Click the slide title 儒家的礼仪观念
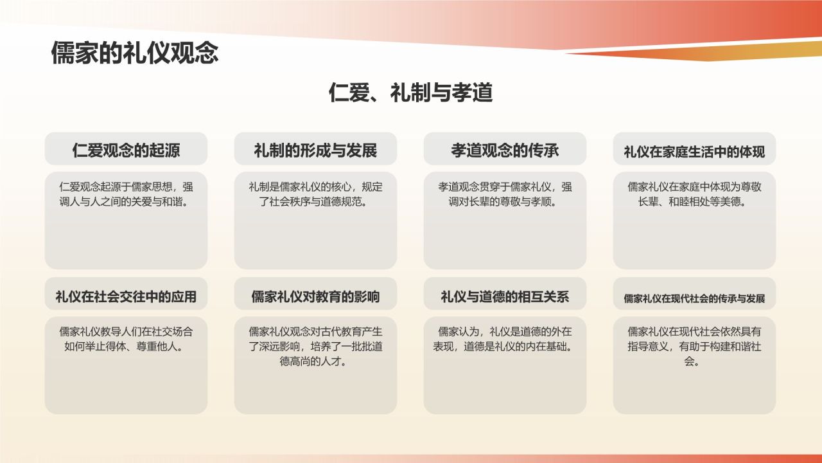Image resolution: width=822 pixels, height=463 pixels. [x=135, y=53]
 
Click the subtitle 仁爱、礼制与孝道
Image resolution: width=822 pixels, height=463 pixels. [x=410, y=93]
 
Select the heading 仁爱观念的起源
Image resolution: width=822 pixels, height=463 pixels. [x=126, y=150]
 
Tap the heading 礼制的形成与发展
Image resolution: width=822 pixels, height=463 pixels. [x=315, y=150]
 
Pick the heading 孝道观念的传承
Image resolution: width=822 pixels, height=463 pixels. [x=505, y=150]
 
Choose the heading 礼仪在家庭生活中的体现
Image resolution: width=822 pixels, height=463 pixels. [x=694, y=152]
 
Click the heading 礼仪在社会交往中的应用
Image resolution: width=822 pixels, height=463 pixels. [x=126, y=296]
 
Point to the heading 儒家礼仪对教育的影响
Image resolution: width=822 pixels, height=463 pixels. [x=315, y=296]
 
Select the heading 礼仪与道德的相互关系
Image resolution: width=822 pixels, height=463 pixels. [x=505, y=296]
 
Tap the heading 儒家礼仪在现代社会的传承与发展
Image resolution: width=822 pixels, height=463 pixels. [x=694, y=298]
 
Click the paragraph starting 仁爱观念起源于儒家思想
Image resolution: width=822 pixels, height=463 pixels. [x=126, y=194]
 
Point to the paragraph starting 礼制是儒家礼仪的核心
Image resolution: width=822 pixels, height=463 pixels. [x=315, y=194]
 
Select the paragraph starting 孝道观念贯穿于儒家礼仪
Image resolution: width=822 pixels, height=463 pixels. [x=505, y=194]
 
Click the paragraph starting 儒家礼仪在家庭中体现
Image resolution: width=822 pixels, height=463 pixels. [x=694, y=194]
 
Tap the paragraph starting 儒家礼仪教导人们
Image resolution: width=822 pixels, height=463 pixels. [x=126, y=339]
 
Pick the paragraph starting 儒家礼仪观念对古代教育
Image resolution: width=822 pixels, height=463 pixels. [x=315, y=346]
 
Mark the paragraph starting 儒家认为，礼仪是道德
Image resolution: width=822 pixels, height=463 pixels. [x=505, y=339]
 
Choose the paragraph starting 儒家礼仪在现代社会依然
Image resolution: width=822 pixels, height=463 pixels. [x=694, y=346]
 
